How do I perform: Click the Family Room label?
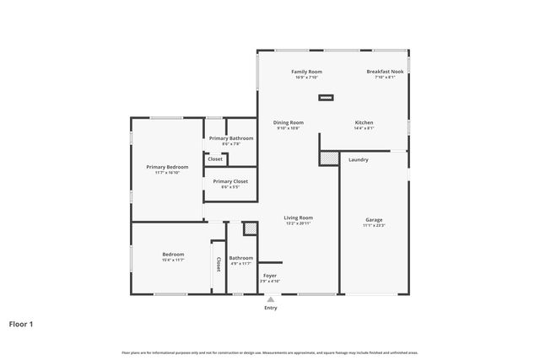click(x=306, y=72)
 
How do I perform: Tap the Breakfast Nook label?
click(x=385, y=72)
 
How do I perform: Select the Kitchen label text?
click(x=364, y=122)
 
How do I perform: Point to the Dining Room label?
click(x=288, y=122)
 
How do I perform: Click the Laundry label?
click(x=358, y=159)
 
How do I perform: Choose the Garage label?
click(x=374, y=220)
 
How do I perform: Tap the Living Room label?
click(x=298, y=218)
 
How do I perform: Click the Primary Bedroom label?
click(x=167, y=167)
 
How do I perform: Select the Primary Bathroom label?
click(x=231, y=138)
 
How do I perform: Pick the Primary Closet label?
click(x=230, y=181)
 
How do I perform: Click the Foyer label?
click(x=269, y=276)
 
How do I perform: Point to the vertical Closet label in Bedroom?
click(x=219, y=264)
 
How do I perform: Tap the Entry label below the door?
click(x=270, y=308)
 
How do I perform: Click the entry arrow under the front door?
click(x=270, y=298)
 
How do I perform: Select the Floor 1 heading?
click(x=21, y=323)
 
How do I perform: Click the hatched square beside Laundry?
click(x=329, y=159)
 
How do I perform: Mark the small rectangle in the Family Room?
click(x=326, y=98)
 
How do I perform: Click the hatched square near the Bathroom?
click(x=250, y=228)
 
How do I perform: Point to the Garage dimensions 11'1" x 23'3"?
click(x=374, y=226)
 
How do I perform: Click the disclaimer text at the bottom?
click(x=270, y=352)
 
